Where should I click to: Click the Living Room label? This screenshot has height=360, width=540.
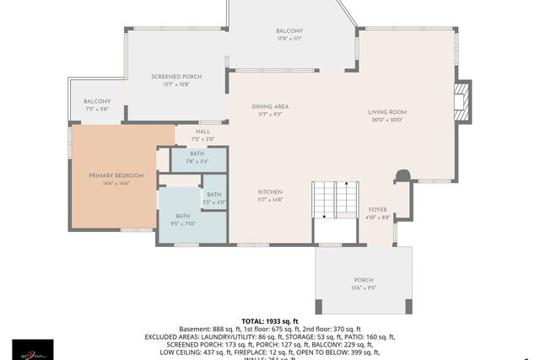point(387,112)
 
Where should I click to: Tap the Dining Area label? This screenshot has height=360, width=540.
point(270,106)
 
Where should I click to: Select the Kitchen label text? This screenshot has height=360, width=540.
point(270,193)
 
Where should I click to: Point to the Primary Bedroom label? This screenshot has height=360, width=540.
point(116,175)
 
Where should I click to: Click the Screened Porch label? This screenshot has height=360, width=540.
point(176,77)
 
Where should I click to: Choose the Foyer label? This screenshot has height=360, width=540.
point(377,209)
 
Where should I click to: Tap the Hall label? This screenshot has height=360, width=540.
point(203,132)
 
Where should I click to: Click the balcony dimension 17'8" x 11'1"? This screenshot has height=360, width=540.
point(289,39)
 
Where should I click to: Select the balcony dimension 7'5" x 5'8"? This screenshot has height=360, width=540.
point(97,109)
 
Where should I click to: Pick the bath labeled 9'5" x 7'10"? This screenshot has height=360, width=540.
point(182,224)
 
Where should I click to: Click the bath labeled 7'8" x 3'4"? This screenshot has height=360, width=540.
point(197,161)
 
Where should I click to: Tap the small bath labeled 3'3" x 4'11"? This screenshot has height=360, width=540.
point(213,202)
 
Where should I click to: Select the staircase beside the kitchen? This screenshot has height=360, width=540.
point(336,200)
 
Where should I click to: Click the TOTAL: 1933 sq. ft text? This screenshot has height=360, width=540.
point(269,321)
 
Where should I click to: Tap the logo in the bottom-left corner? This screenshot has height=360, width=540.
point(32,348)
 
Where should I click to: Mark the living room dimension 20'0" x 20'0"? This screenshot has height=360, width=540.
point(387,120)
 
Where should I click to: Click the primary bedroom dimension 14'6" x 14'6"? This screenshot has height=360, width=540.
point(116,183)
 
